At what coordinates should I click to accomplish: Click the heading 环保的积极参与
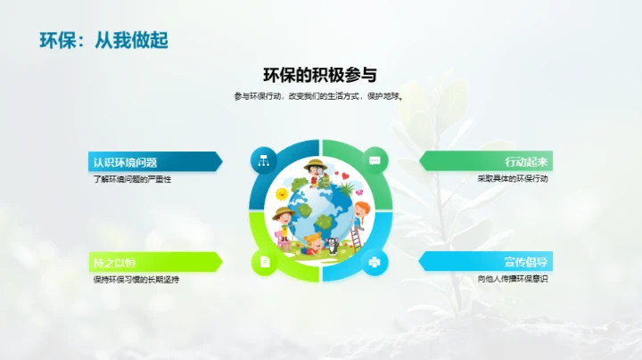click(x=320, y=75)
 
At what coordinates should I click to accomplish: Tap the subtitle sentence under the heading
click(x=320, y=96)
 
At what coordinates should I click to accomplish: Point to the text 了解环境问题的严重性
click(x=132, y=179)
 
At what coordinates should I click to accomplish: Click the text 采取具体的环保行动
click(x=512, y=179)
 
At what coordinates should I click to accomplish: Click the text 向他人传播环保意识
click(x=512, y=279)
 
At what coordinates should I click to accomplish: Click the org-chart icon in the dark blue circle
click(x=263, y=160)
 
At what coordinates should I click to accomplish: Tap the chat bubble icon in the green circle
click(x=375, y=160)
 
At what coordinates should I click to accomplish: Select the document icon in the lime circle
click(x=264, y=262)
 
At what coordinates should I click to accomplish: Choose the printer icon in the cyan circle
click(x=375, y=262)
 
